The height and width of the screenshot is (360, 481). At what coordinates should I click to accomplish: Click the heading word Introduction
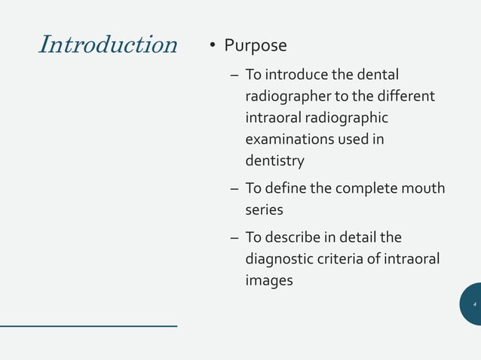click(107, 44)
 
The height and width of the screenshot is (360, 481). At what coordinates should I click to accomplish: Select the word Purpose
click(255, 46)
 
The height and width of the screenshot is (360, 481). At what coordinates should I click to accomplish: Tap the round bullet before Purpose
click(213, 47)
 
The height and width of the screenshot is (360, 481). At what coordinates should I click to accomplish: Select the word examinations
click(291, 140)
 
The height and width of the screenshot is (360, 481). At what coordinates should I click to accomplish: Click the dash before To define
click(234, 188)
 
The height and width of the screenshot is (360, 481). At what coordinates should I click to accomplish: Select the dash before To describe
click(234, 238)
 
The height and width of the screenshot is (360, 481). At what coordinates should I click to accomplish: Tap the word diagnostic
click(284, 260)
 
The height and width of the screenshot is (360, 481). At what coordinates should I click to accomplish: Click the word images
click(269, 281)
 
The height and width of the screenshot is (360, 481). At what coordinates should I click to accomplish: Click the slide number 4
click(474, 304)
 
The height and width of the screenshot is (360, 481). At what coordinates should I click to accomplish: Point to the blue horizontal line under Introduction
click(88, 326)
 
